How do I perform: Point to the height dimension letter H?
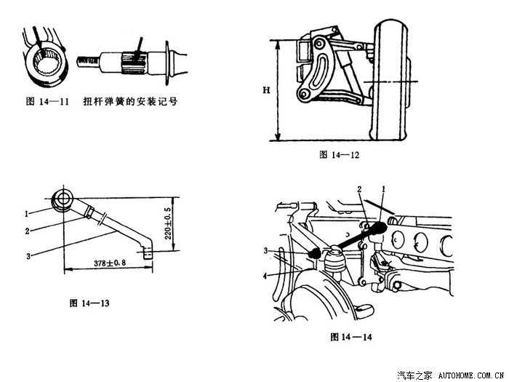tap(266, 90)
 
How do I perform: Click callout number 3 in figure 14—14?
tap(266, 251)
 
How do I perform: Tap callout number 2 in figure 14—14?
tap(359, 189)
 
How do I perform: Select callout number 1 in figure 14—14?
tap(383, 189)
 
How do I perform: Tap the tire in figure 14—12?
tap(390, 80)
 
